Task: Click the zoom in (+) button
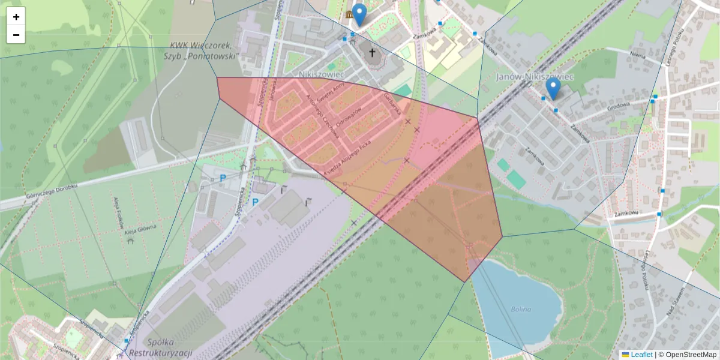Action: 16,17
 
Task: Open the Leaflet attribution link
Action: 640,355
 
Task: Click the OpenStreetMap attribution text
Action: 690,355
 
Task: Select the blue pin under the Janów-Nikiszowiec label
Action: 553,89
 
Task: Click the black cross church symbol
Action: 373,53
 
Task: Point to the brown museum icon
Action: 349,14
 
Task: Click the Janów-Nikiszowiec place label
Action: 535,77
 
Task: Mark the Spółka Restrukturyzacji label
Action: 161,347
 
